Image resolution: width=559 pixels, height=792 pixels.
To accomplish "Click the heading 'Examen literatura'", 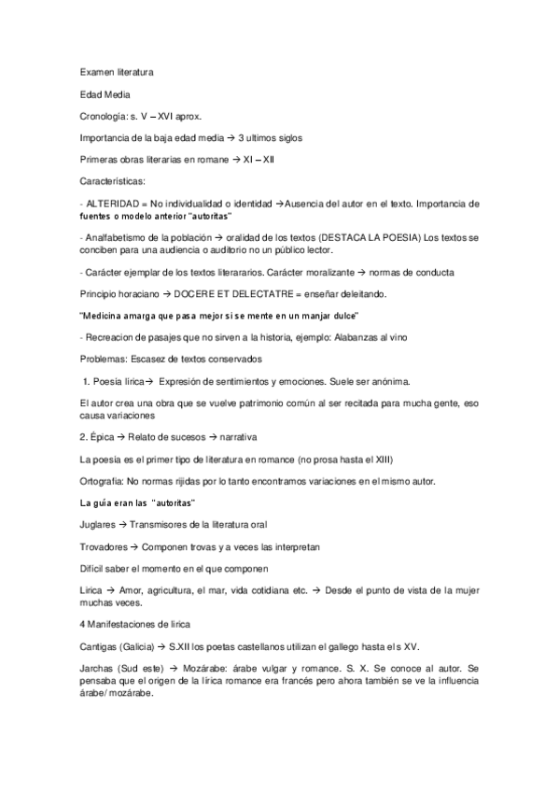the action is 117,72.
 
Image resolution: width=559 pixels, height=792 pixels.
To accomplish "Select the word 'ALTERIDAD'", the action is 114,203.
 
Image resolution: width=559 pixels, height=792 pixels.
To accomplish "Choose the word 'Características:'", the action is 113,181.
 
